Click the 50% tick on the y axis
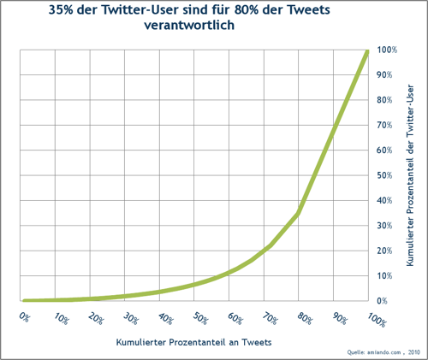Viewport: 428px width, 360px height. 384,175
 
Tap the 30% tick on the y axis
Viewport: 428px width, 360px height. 384,226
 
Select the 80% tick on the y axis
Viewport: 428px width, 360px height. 384,100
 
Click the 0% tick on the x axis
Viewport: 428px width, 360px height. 23,317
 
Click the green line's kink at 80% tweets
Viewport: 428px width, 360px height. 298,213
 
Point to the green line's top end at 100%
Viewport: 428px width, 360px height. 367,51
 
